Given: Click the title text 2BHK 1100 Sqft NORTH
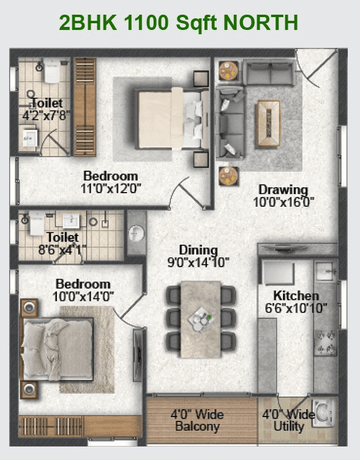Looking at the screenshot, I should [x=179, y=23].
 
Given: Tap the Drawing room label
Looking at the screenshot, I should [x=282, y=189].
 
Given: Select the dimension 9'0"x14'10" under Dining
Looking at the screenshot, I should [x=198, y=262].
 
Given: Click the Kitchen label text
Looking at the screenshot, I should [x=296, y=295].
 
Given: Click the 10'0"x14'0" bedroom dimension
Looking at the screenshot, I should [x=83, y=297].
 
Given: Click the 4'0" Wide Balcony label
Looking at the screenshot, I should [x=197, y=420].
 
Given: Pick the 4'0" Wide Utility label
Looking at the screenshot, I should [x=288, y=420].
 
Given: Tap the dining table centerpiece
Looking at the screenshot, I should [x=200, y=317].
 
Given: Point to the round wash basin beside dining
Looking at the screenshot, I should [x=137, y=232].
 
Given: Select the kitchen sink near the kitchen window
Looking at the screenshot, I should [x=325, y=269].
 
